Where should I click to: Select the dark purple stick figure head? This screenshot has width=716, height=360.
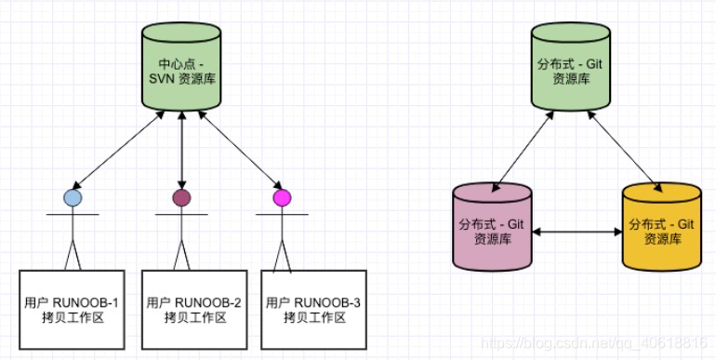click(181, 197)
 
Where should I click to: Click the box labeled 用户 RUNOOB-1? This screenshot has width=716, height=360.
click(72, 310)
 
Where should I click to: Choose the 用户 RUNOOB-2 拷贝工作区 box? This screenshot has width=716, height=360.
click(194, 310)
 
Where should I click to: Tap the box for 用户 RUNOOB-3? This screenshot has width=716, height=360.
click(313, 310)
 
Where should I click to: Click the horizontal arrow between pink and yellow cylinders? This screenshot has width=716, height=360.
click(576, 232)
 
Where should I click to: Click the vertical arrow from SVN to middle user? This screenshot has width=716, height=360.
click(181, 149)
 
